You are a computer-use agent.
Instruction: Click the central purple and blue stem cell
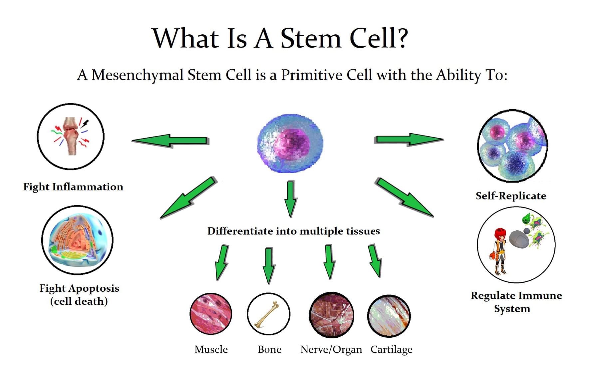pyautogui.click(x=290, y=143)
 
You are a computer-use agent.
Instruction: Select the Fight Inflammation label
pyautogui.click(x=73, y=187)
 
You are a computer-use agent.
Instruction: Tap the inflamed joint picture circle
pyautogui.click(x=71, y=136)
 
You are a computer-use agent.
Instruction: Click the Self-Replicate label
pyautogui.click(x=511, y=196)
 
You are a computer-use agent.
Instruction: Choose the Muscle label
pyautogui.click(x=211, y=349)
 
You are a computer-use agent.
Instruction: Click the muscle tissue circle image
pyautogui.click(x=211, y=314)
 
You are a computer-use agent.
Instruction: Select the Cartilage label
pyautogui.click(x=391, y=349)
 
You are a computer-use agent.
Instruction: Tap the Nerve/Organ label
pyautogui.click(x=331, y=349)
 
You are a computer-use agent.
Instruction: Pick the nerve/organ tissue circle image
pyautogui.click(x=331, y=315)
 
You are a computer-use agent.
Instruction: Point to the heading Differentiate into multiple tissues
pyautogui.click(x=293, y=231)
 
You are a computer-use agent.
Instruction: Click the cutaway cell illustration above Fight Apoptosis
pyautogui.click(x=77, y=240)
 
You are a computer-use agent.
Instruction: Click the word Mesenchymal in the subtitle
pyautogui.click(x=137, y=75)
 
